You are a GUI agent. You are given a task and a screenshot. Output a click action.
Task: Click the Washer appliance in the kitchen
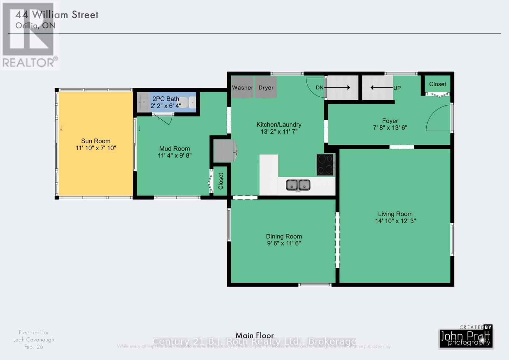click(242, 87)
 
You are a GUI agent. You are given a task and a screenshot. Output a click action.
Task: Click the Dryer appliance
click(266, 87)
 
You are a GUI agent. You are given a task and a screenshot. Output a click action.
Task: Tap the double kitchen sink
click(298, 185)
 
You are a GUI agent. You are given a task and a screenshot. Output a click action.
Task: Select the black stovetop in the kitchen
click(325, 165)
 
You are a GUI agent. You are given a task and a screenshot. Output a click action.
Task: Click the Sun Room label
click(96, 141)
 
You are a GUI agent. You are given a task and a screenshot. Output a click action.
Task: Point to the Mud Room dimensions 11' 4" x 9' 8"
click(175, 156)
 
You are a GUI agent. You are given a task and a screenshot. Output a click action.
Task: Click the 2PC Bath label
click(165, 99)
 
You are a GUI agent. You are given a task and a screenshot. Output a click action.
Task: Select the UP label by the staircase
click(397, 88)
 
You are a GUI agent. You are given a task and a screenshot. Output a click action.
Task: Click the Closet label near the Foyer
click(437, 84)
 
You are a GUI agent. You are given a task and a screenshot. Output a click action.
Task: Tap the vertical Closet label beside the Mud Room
click(220, 181)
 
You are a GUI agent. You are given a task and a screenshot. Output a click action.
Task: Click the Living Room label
click(395, 214)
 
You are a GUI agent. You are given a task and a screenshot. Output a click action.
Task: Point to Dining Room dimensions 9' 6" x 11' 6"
click(284, 244)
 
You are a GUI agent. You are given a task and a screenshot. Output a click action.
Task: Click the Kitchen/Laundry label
click(279, 124)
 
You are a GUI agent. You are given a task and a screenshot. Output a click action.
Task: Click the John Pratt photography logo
click(466, 338)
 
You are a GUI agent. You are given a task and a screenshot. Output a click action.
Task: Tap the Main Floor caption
click(254, 335)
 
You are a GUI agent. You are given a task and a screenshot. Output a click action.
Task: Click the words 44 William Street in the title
click(57, 15)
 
